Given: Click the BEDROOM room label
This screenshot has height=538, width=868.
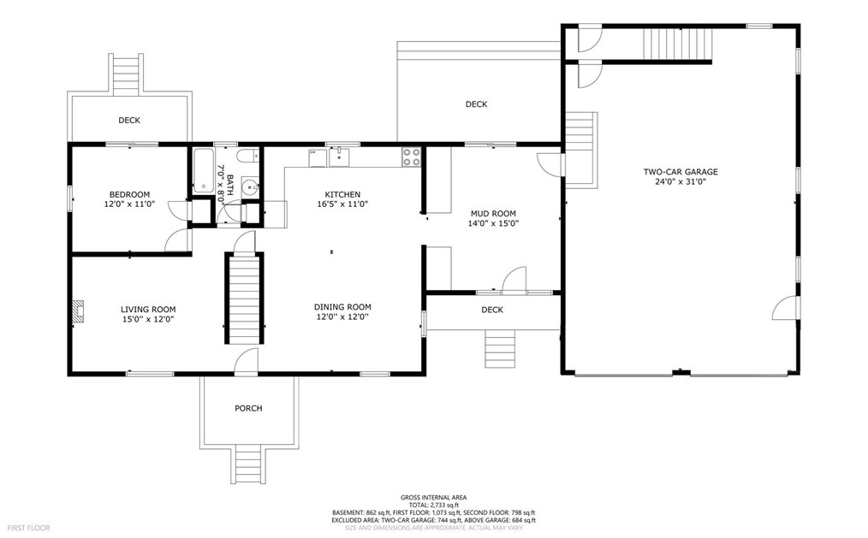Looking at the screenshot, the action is click(x=129, y=194).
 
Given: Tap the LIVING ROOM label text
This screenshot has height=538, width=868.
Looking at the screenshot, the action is click(x=148, y=310).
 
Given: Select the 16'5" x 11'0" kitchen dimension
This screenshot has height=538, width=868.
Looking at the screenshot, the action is click(x=342, y=204).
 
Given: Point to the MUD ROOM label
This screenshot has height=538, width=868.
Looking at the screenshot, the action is click(x=493, y=214).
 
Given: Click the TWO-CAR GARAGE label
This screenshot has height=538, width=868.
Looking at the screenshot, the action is click(x=681, y=172).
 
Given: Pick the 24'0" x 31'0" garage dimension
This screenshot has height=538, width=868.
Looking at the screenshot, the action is click(x=681, y=181).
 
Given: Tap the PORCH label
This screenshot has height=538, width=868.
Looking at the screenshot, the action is click(x=248, y=408).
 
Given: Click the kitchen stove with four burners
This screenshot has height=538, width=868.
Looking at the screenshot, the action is click(x=411, y=157).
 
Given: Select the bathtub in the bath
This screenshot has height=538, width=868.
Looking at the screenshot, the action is click(x=203, y=170).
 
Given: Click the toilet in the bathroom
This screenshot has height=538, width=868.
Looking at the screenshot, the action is click(x=248, y=156).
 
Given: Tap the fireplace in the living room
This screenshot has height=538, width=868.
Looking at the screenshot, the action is click(x=80, y=310).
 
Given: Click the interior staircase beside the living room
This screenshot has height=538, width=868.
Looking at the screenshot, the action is click(x=244, y=298).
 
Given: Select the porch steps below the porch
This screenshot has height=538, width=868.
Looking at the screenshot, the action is click(x=248, y=464).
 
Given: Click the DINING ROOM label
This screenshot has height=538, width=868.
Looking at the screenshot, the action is click(x=342, y=307).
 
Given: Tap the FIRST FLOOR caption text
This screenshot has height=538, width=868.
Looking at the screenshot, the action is click(x=29, y=528).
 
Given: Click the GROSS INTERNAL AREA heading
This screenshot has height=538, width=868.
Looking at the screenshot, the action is click(x=433, y=498).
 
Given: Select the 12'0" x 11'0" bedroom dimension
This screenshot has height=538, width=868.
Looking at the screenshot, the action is click(x=129, y=204).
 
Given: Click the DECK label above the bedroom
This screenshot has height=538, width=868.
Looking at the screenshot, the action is click(x=129, y=120).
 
